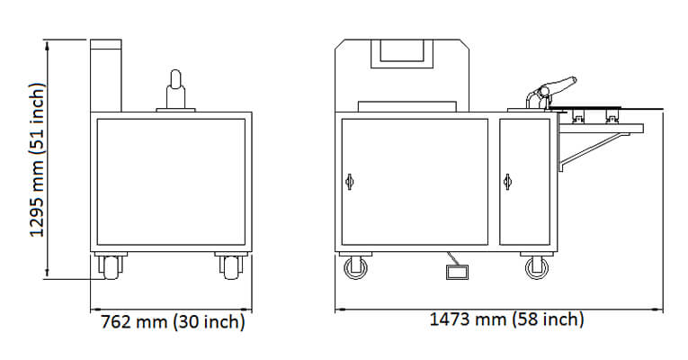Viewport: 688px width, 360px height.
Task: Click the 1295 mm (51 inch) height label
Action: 37,159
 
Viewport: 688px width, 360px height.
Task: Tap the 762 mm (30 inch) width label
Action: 173,322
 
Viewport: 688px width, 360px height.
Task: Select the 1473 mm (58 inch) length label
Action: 506,319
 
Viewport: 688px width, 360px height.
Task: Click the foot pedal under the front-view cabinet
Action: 457,272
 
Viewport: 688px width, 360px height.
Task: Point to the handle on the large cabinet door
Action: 349,181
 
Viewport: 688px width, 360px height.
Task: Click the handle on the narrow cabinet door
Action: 507,181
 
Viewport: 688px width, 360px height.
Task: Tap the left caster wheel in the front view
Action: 356,268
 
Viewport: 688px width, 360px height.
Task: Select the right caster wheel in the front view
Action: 537,268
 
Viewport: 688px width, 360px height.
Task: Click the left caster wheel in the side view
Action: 110,267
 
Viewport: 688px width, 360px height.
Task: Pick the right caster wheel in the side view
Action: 231,267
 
